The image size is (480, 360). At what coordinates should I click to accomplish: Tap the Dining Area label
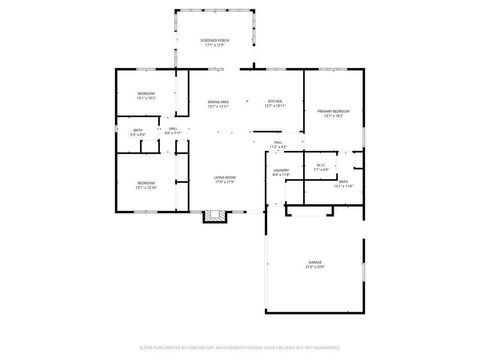pyautogui.click(x=218, y=102)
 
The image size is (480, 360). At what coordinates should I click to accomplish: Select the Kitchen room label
pyautogui.click(x=274, y=101)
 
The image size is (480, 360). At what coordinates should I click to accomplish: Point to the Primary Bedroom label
pyautogui.click(x=333, y=111)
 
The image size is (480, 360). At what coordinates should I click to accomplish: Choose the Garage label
pyautogui.click(x=315, y=262)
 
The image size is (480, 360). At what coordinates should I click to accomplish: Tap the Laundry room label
pyautogui.click(x=280, y=170)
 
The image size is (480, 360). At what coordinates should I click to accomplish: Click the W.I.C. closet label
pyautogui.click(x=321, y=165)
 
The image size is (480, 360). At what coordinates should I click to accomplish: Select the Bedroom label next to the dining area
pyautogui.click(x=146, y=94)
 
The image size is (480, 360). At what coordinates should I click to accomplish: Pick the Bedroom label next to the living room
pyautogui.click(x=146, y=183)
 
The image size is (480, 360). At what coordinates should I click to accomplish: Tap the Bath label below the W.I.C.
pyautogui.click(x=343, y=182)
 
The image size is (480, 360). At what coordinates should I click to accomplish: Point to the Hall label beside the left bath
pyautogui.click(x=172, y=129)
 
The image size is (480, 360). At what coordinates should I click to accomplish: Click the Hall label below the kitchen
pyautogui.click(x=278, y=143)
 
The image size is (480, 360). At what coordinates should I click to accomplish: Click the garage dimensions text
pyautogui.click(x=315, y=267)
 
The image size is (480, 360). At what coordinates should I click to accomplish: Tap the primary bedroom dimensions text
pyautogui.click(x=333, y=116)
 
